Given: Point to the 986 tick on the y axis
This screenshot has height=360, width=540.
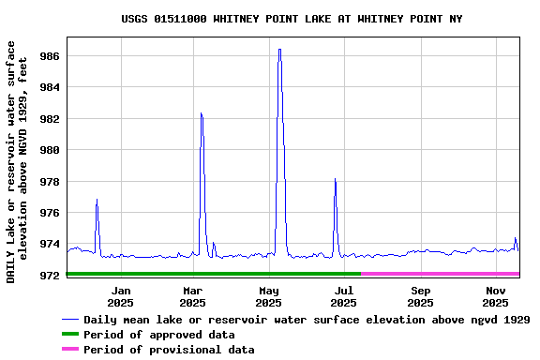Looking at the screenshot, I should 50,56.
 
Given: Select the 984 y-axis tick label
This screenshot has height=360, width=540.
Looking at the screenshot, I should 50,87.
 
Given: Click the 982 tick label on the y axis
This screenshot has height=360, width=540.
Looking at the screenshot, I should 50,119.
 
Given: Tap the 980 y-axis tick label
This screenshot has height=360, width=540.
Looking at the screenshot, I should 50,150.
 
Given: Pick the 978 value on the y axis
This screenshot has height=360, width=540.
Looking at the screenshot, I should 50,181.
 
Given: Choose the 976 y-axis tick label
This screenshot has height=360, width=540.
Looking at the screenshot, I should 50,213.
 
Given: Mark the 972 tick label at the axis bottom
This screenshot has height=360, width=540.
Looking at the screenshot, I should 50,275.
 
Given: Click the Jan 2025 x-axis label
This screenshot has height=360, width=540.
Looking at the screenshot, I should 120,296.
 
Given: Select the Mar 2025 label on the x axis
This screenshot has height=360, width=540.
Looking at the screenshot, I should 192,296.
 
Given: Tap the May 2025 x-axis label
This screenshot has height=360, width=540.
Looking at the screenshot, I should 268,296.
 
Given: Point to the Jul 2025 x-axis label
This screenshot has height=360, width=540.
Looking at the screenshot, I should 344,296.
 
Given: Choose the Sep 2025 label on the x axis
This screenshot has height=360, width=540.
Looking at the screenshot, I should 420,296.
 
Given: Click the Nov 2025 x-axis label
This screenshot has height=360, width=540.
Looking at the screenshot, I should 495,296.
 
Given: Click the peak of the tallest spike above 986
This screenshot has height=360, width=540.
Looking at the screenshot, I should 279,50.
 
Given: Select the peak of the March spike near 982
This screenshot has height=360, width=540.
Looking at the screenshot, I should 201,113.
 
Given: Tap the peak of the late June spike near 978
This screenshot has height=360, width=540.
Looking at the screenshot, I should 335,179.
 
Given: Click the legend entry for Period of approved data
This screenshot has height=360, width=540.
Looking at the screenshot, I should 158,335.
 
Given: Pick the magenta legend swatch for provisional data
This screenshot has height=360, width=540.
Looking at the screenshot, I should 70,350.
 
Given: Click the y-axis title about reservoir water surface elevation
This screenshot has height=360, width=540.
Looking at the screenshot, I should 17,161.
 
